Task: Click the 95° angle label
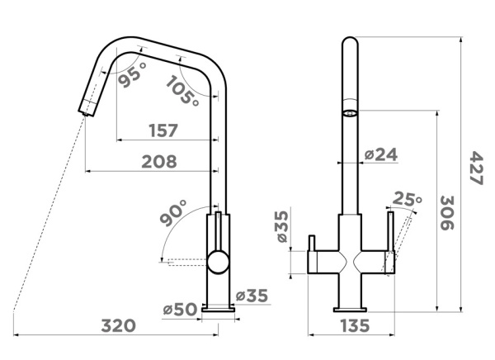[x=133, y=74]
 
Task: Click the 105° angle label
[x=183, y=91]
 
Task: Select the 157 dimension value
[x=163, y=130]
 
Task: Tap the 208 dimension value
[x=159, y=162]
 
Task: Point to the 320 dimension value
[x=118, y=325]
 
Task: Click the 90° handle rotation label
[x=173, y=213]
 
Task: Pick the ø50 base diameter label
[x=180, y=309]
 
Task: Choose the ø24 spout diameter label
[x=381, y=154]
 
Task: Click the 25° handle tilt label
[x=407, y=198]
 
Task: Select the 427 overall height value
[x=476, y=168]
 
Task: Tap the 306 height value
[x=446, y=213]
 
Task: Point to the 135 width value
[x=355, y=325]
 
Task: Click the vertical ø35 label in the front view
[x=282, y=226]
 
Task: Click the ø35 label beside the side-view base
[x=252, y=296]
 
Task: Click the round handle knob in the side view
[x=218, y=262]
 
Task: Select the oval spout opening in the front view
[x=350, y=113]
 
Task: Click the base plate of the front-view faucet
[x=350, y=310]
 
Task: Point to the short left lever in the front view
[x=312, y=243]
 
